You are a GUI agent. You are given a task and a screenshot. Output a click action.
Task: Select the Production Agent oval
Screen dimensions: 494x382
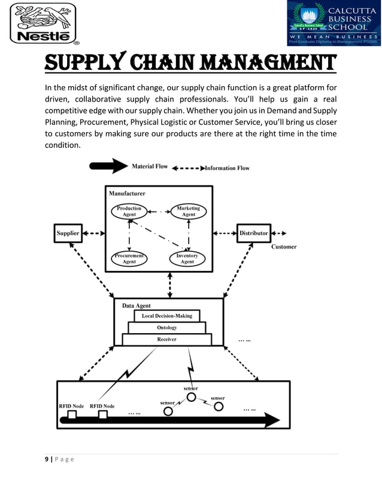pyautogui.click(x=129, y=212)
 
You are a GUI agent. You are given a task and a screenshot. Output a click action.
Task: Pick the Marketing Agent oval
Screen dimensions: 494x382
pyautogui.click(x=188, y=212)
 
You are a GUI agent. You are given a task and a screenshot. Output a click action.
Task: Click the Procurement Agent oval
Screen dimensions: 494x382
pyautogui.click(x=129, y=258)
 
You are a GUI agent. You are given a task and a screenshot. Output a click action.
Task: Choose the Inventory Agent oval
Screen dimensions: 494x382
pyautogui.click(x=187, y=258)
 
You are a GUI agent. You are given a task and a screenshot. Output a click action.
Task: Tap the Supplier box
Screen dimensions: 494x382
pyautogui.click(x=68, y=233)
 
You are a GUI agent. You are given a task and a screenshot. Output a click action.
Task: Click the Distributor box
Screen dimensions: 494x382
pyautogui.click(x=254, y=233)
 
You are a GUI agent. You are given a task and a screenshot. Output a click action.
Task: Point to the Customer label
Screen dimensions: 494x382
pyautogui.click(x=284, y=246)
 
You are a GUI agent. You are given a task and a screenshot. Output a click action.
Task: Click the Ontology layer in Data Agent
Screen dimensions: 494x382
pyautogui.click(x=166, y=328)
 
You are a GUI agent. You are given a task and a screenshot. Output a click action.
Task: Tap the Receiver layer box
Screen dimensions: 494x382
pyautogui.click(x=166, y=339)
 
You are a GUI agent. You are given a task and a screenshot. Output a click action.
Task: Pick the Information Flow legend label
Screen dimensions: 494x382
pyautogui.click(x=227, y=168)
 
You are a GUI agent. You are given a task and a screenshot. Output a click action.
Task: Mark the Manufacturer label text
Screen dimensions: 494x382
pyautogui.click(x=127, y=193)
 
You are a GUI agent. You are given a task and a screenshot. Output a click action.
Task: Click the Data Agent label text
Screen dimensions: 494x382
pyautogui.click(x=137, y=305)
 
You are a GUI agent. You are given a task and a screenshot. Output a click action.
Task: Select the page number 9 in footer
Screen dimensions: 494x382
pyautogui.click(x=47, y=459)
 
